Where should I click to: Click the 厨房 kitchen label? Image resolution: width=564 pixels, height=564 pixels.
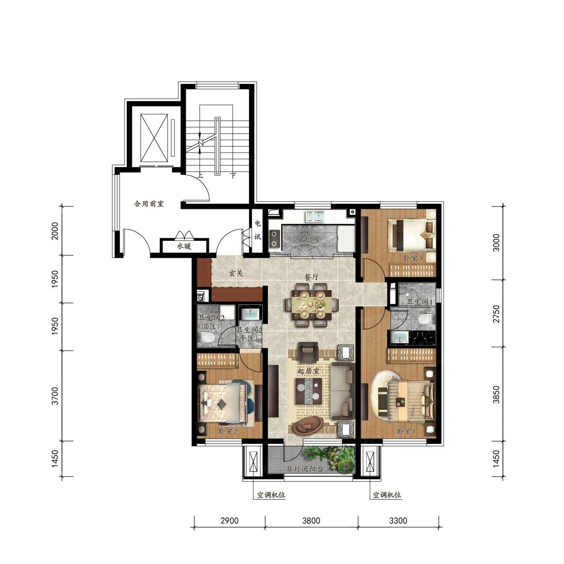coord(312,239)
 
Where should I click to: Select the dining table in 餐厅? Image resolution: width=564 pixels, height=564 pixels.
coord(311,305)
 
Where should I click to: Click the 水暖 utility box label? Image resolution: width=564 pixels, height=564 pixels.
coord(184,246)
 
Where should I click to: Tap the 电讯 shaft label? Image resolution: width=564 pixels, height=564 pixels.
coord(257,230)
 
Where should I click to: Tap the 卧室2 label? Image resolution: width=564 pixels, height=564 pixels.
coord(227,431)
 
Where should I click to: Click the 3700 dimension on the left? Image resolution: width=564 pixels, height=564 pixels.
coord(55,396)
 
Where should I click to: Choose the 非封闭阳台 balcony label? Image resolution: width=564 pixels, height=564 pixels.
coord(305,469)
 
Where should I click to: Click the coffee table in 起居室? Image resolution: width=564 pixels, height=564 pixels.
coord(309,391)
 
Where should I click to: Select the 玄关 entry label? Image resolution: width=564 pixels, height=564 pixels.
coord(236,273)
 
